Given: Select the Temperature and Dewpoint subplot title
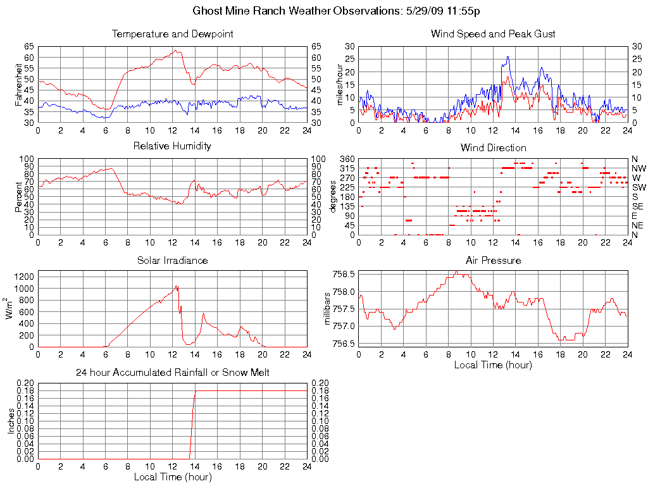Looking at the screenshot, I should coord(172,34).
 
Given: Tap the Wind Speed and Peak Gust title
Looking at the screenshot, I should coord(493,34).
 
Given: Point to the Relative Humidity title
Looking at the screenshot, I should coord(172,146).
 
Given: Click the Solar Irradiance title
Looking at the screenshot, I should coord(172,260).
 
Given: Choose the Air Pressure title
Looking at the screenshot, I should coord(493,260).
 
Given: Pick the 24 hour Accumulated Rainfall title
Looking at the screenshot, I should coord(172,373).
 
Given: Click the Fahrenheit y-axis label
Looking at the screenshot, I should coord(19,84).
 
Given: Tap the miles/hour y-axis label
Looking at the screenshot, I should coord(339,84).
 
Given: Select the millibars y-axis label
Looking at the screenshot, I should coord(328,309).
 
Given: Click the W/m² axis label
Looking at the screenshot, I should coord(10,308).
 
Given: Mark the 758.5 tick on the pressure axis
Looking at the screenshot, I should coord(344,274).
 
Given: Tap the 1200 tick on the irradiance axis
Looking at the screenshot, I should coord(24,277).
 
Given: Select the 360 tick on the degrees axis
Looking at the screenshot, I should coord(346,159).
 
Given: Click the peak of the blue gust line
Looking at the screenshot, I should coord(508,57).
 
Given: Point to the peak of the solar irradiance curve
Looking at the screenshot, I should coord(177,285).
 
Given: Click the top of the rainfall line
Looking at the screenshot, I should coord(196,390).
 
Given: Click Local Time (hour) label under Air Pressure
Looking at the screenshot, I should coord(493,364).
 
